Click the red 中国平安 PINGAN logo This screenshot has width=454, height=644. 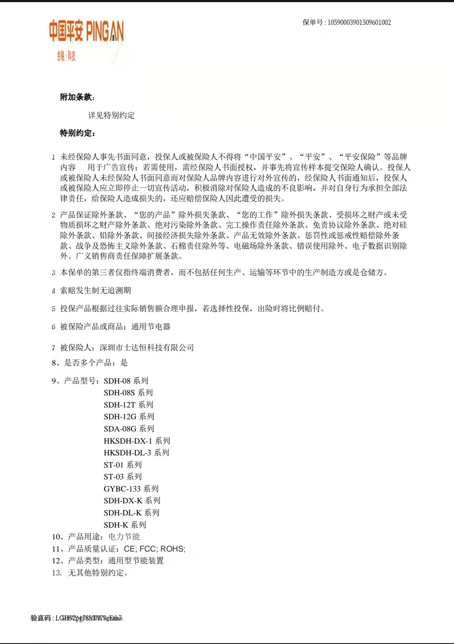click(x=86, y=31)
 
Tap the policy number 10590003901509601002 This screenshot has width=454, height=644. click(x=359, y=23)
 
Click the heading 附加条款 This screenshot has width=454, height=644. click(x=77, y=97)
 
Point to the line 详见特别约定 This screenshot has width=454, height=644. click(x=111, y=115)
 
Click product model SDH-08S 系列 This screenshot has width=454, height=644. click(x=128, y=393)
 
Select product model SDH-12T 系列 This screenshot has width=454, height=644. click(x=128, y=405)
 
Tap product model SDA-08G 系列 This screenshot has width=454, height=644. click(x=129, y=429)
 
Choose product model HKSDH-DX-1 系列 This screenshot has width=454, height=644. click(x=137, y=441)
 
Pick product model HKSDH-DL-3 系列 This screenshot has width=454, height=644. click(x=136, y=453)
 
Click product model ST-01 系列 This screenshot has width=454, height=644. click(x=122, y=464)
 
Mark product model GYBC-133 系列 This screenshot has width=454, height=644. click(x=131, y=488)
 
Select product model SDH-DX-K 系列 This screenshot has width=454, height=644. click(x=132, y=500)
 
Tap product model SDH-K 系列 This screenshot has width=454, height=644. click(x=125, y=525)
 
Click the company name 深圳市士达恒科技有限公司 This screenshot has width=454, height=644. click(x=147, y=347)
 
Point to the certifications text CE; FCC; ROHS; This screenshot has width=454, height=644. click(x=154, y=549)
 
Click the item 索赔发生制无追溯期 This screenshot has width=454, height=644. click(x=95, y=290)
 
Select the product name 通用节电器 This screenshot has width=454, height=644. click(x=151, y=327)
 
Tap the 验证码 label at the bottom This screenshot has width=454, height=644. click(x=41, y=618)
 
